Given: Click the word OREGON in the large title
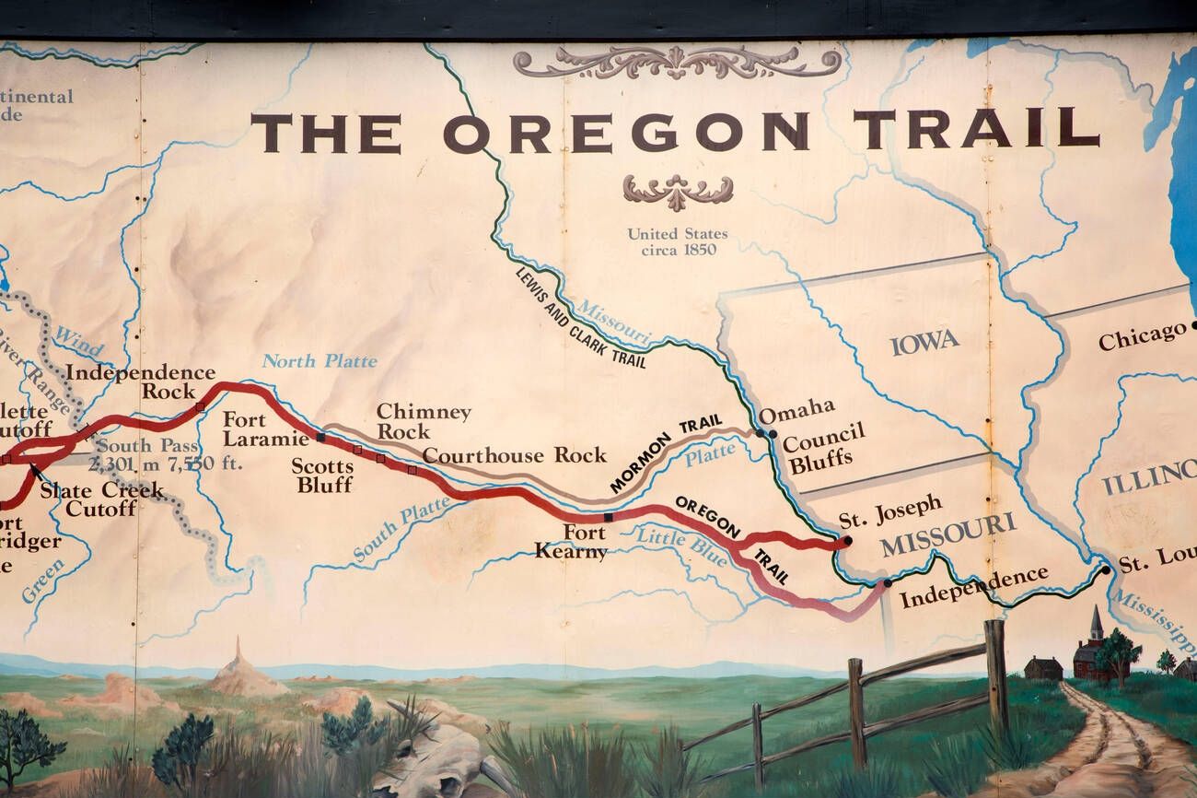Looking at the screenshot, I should point(625,133).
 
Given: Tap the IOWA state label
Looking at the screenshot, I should point(924,342).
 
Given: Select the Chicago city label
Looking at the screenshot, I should point(1142,335).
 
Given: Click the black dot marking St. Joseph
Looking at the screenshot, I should point(847,541).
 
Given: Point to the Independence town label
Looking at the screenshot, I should point(973,587).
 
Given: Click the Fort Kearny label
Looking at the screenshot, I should point(571,543).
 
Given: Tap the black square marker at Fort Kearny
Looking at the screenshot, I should point(608,517).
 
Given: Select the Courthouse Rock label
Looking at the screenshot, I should point(514,455).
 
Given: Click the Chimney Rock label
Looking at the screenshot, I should point(423,421).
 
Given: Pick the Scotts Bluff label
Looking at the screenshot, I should point(322,475).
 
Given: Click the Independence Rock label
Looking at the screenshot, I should point(141,381).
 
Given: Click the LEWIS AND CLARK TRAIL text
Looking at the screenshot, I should point(580,318).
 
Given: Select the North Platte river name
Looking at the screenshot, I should point(319,361).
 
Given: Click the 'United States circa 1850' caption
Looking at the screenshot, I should point(677,241).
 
